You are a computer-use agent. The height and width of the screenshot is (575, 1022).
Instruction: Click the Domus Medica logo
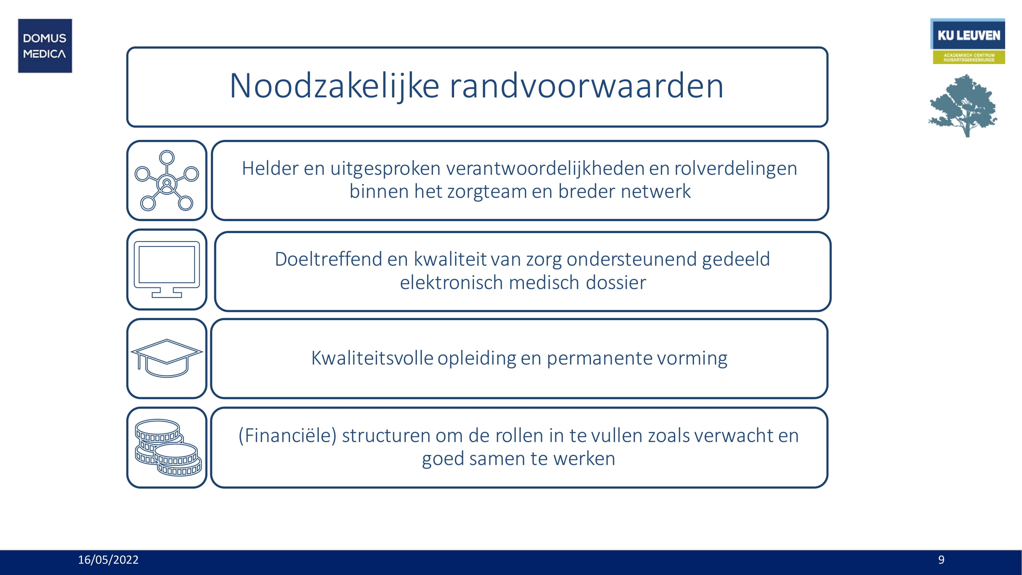coord(45,46)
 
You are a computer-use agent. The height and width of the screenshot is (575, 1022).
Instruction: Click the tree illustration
coord(963,105)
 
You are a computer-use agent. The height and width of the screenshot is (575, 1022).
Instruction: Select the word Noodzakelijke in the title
coord(334,86)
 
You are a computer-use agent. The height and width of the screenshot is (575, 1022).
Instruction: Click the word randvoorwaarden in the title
coord(586,86)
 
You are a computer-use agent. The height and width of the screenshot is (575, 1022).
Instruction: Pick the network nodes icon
coord(167,180)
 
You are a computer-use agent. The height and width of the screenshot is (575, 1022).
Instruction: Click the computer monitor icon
coord(167,269)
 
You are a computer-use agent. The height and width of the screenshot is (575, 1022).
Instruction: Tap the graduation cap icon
coord(167,358)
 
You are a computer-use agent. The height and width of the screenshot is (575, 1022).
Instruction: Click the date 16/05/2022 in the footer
coord(108,560)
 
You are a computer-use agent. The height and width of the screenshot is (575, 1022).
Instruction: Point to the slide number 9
coord(941,560)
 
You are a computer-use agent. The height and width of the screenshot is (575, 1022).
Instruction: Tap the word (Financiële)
coord(287,435)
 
